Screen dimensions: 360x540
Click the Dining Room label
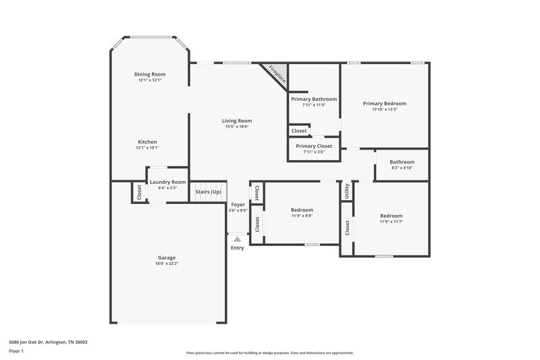pos(150,74)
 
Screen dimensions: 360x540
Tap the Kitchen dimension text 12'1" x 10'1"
pos(148,148)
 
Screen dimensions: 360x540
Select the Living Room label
pos(237,121)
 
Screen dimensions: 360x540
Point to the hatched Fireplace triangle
pos(277,73)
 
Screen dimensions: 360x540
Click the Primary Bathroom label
pos(314,99)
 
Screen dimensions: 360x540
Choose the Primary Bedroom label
pos(384,103)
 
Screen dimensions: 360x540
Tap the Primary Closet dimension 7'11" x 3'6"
pos(314,152)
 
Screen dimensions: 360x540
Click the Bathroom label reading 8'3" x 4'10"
pos(402,162)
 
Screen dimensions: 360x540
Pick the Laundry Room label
pos(167,182)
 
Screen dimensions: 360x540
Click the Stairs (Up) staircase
pos(208,192)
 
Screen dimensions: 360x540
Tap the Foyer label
pos(238,204)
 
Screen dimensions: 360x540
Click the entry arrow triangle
pos(237,238)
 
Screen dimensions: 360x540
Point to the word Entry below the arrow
pos(238,248)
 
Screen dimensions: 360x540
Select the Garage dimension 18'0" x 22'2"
pos(167,263)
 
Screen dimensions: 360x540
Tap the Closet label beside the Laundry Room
pos(140,192)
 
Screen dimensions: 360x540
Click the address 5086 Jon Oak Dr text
pos(48,342)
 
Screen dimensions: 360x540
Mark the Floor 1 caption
pos(17,352)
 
